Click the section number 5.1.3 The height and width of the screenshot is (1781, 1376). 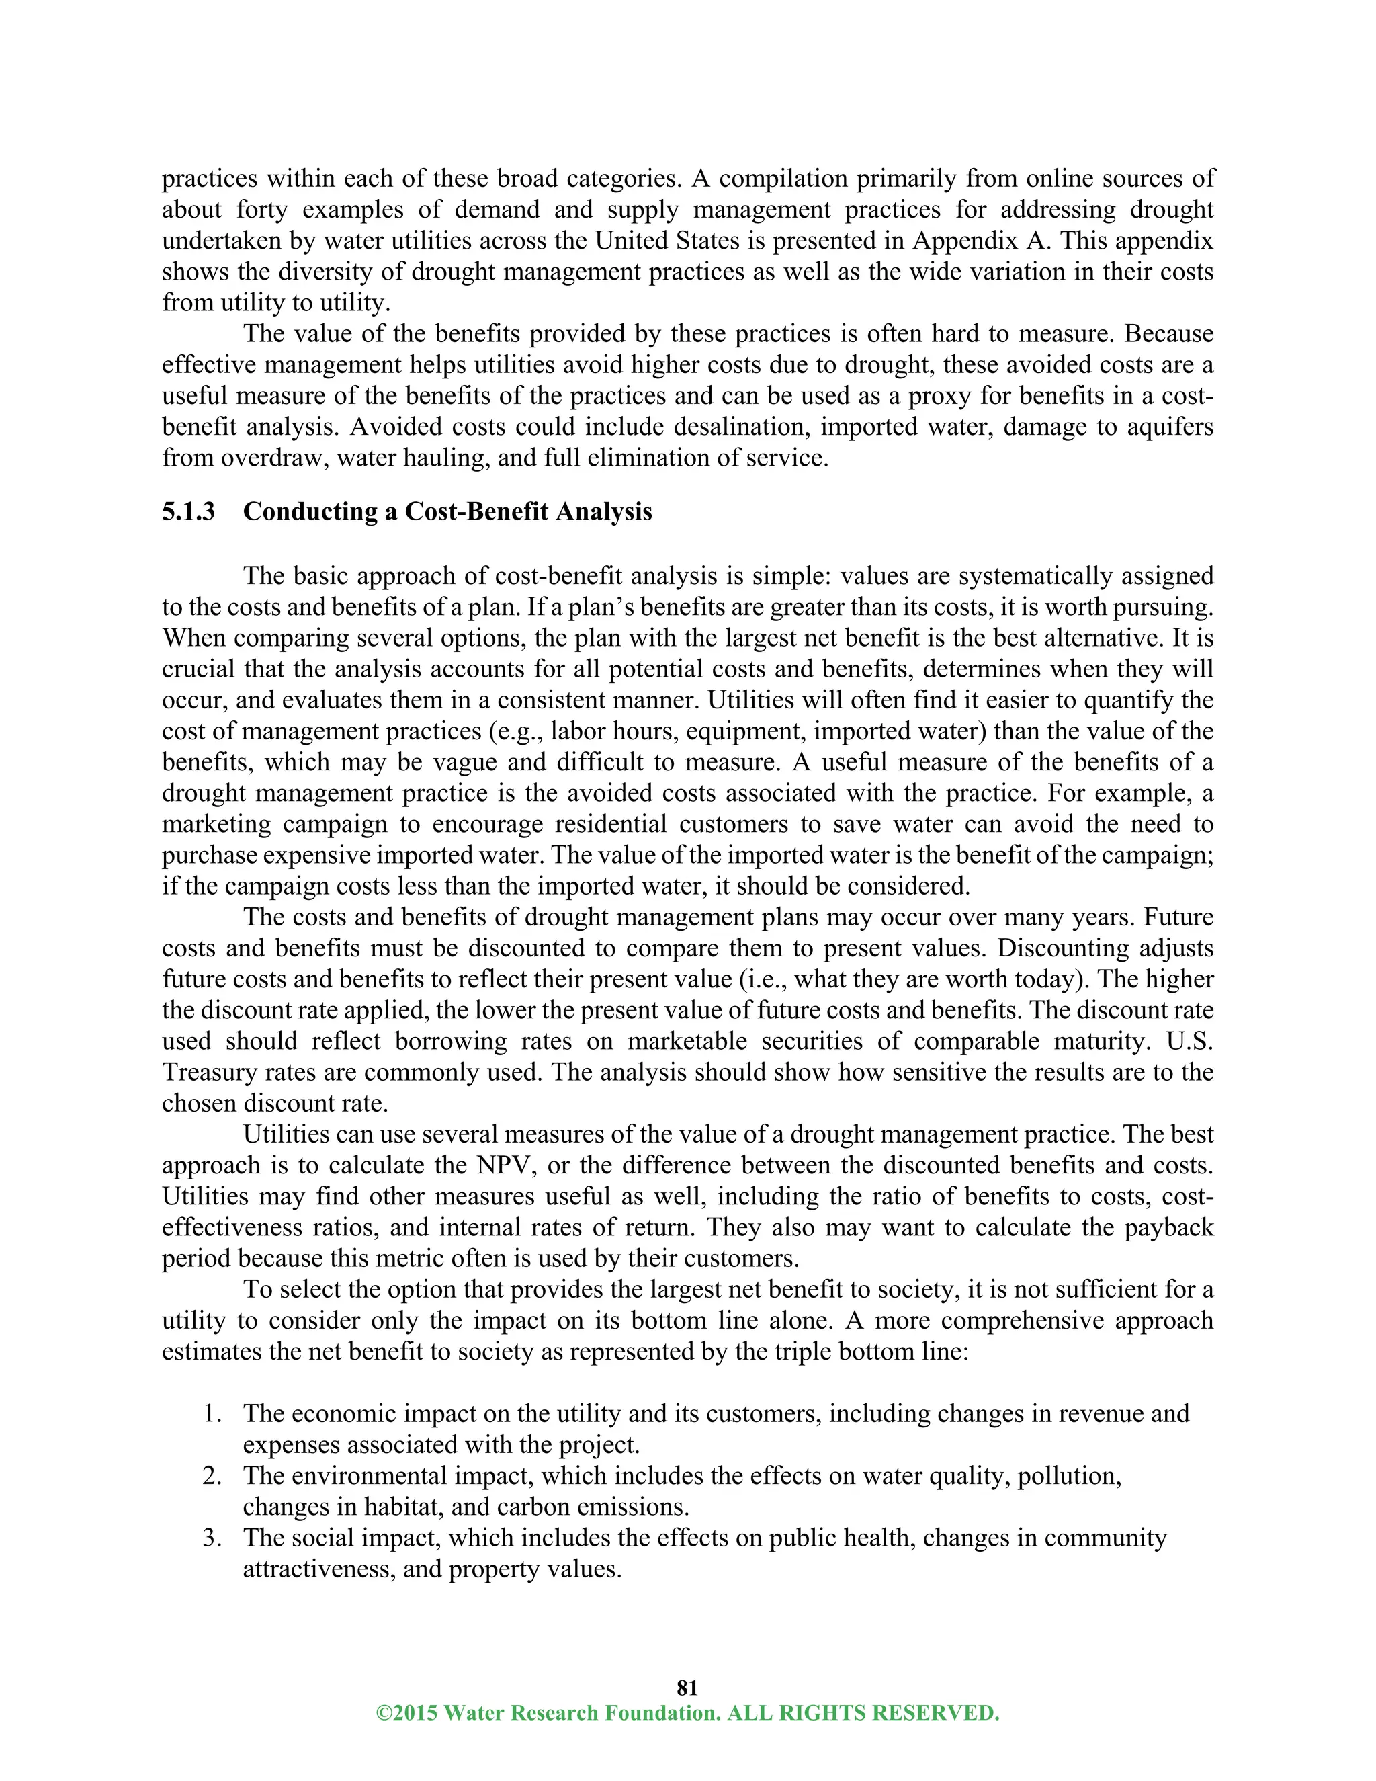click(188, 512)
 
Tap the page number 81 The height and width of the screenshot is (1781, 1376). click(687, 1687)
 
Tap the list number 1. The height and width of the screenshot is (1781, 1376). click(213, 1413)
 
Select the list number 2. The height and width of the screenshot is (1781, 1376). click(213, 1475)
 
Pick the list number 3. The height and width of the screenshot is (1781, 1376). click(213, 1537)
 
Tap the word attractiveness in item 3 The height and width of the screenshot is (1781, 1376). click(318, 1568)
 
